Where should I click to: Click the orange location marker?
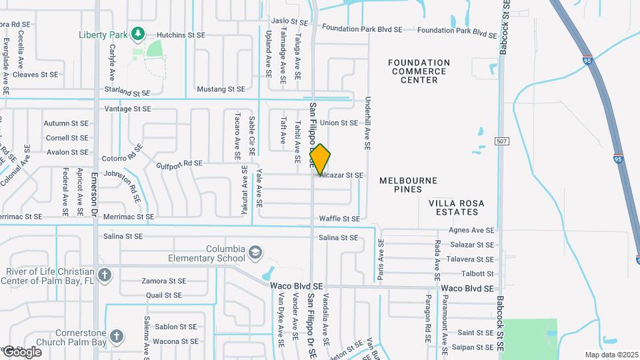tap(320, 159)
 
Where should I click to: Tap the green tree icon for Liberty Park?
tap(138, 33)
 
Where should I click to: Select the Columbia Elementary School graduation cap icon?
tap(255, 253)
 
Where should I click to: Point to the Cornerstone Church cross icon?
tap(117, 337)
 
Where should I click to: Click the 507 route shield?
tap(502, 141)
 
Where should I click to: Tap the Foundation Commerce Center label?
tap(419, 71)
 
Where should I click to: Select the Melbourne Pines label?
tap(408, 185)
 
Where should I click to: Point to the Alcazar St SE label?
tap(341, 175)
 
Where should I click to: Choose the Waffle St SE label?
tap(339, 219)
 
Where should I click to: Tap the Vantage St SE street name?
tap(128, 109)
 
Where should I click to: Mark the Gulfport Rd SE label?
tap(179, 163)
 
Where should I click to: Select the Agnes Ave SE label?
tap(471, 230)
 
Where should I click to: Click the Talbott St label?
tap(477, 274)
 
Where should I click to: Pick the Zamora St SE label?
tap(164, 281)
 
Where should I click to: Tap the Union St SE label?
tap(339, 123)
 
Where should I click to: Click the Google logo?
tap(22, 351)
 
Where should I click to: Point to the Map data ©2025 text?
tap(611, 355)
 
